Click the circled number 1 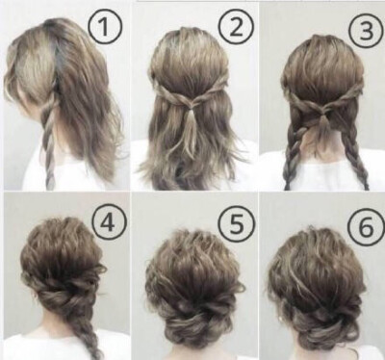[105, 27]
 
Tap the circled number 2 [237, 27]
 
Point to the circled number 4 [108, 221]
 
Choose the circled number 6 [367, 225]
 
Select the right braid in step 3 [358, 154]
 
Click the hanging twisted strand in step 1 [49, 141]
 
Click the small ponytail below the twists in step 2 [192, 128]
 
